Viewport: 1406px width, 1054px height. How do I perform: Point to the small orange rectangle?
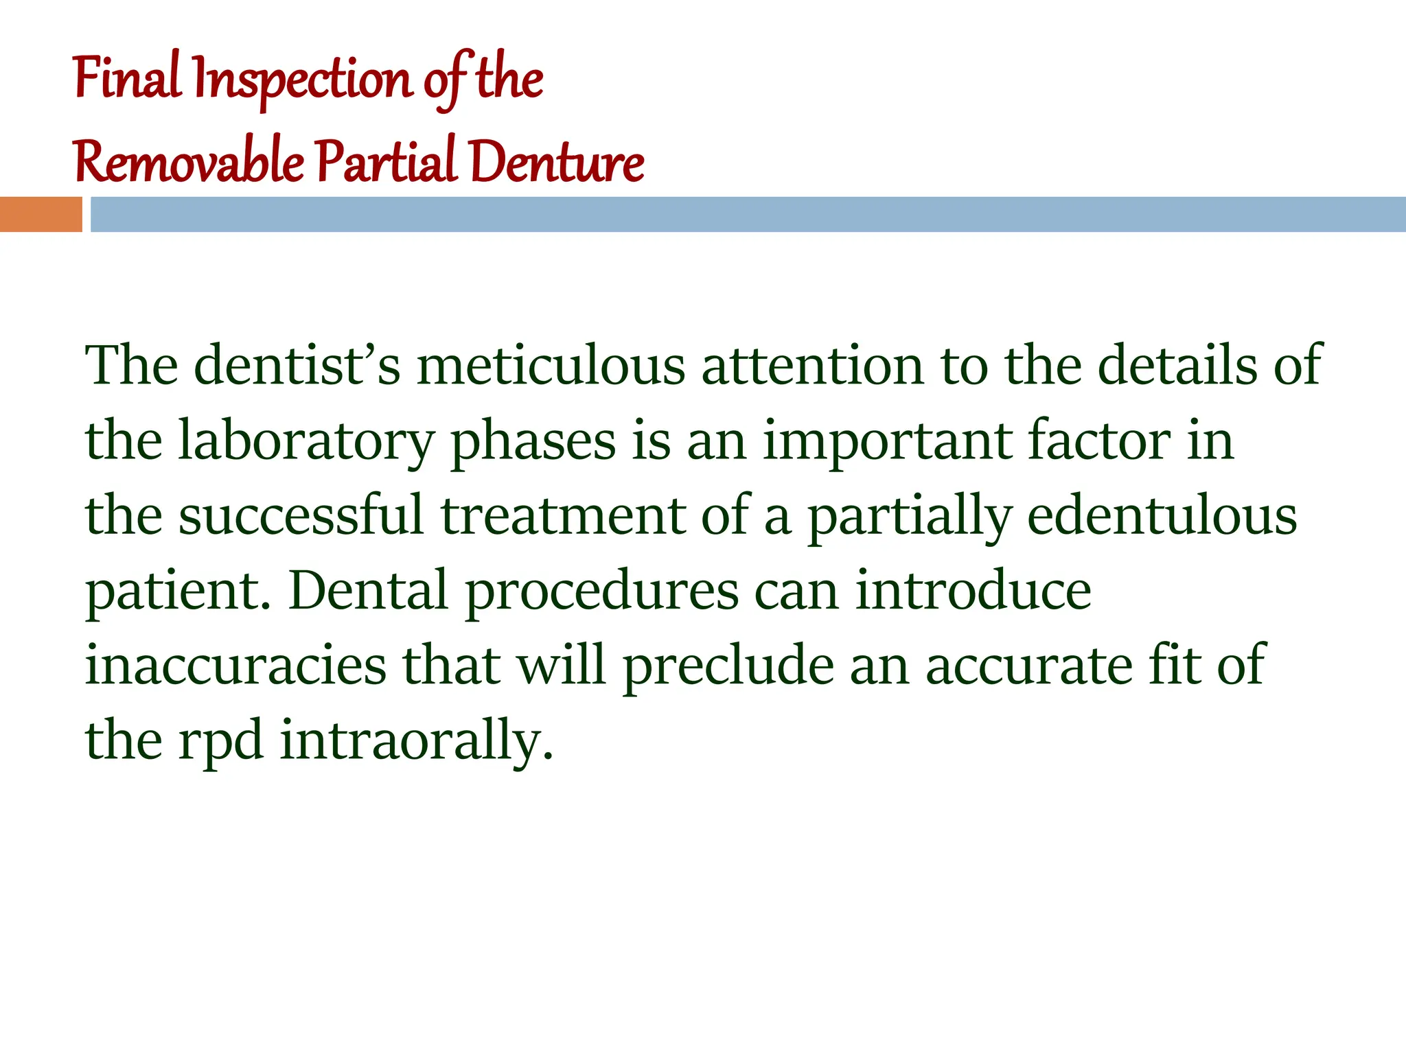point(41,214)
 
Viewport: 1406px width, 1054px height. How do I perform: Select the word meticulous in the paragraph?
point(551,366)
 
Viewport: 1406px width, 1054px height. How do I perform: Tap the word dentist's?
point(297,366)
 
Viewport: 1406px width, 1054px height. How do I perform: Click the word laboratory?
point(306,441)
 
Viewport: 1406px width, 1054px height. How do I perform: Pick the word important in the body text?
point(887,441)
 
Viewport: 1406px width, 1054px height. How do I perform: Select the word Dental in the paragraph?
point(368,591)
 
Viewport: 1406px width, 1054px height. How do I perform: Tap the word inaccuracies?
point(235,666)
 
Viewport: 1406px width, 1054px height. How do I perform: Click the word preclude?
point(728,666)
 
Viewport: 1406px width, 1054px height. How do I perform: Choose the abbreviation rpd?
point(220,741)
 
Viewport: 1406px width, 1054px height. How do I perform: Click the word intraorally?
point(416,741)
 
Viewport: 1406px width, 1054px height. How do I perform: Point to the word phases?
point(533,441)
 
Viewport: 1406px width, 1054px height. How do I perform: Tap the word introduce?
point(973,591)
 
